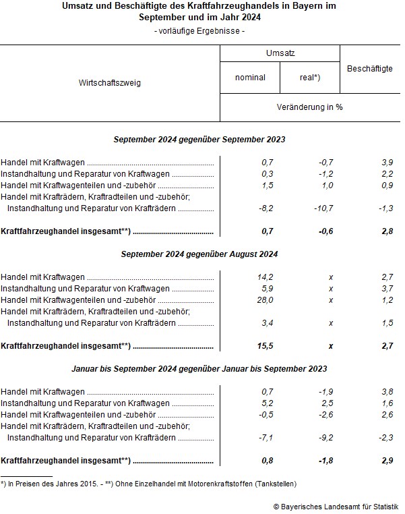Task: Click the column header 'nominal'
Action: [250, 78]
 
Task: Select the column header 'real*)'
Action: [310, 78]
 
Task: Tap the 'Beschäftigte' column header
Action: [370, 69]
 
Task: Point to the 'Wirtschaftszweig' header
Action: [110, 83]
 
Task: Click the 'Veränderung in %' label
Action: [310, 107]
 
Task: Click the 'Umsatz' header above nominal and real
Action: [280, 53]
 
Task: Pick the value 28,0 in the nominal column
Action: [265, 300]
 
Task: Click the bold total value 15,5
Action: [265, 346]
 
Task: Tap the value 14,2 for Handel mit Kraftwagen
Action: [265, 277]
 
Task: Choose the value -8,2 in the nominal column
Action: [266, 208]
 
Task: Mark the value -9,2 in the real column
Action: [325, 438]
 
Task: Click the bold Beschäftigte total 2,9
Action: [386, 461]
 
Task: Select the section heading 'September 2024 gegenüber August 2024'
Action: [199, 254]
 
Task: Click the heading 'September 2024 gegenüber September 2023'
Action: [199, 140]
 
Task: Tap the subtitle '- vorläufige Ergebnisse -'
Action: [199, 31]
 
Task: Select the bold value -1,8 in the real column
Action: [325, 461]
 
